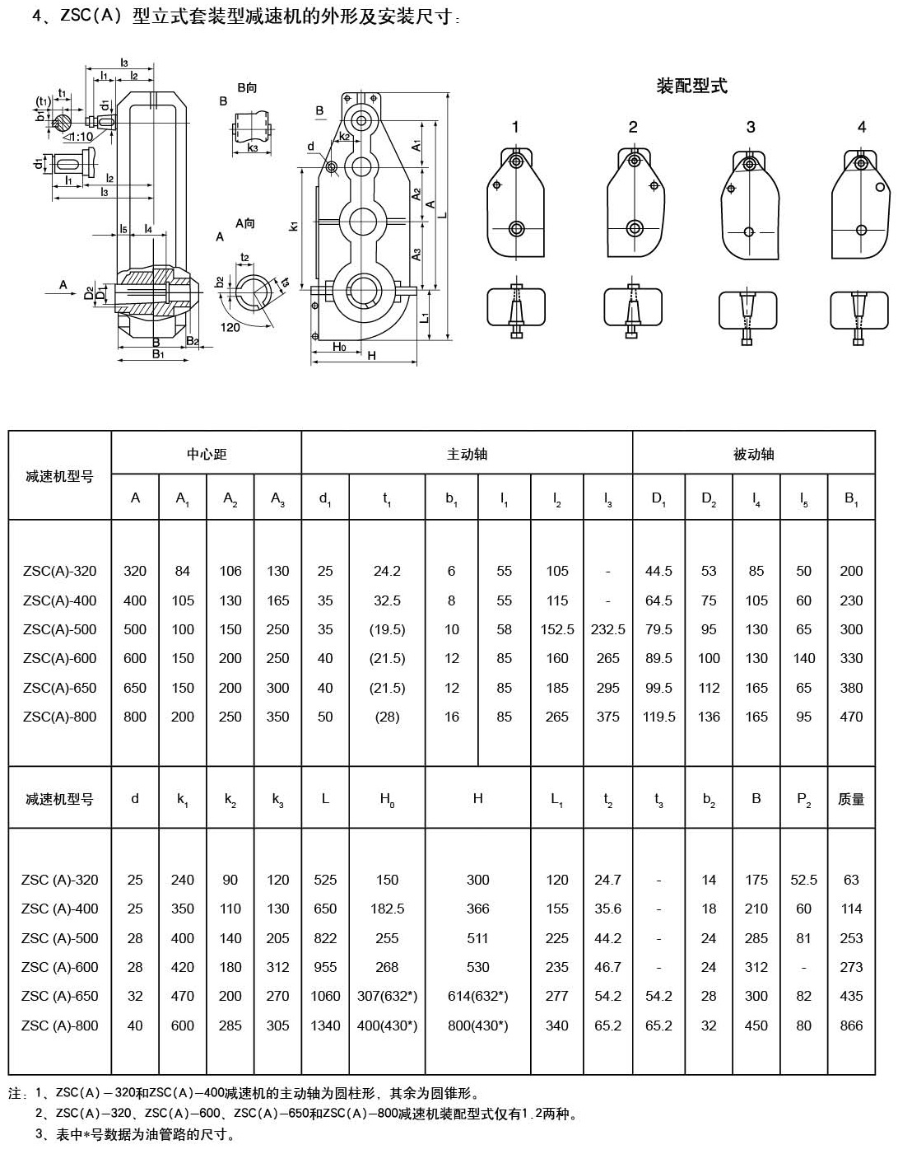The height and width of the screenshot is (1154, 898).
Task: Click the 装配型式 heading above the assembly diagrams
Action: [x=691, y=86]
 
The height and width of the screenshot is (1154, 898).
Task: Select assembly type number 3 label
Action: [x=751, y=127]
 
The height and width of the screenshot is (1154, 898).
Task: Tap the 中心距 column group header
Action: [x=206, y=454]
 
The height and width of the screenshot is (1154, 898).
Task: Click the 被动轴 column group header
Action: [x=753, y=454]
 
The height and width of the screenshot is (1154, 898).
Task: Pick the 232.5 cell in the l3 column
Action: [x=607, y=629]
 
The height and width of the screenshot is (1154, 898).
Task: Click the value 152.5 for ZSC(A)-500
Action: [x=557, y=629]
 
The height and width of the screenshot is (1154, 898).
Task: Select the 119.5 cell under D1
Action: [x=658, y=717]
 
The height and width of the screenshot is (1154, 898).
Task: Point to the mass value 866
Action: [x=851, y=1026]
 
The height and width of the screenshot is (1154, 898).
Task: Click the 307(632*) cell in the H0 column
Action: [x=387, y=996]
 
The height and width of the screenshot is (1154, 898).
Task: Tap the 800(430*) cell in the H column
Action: [x=477, y=1026]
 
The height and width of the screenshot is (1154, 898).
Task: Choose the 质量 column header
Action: [x=851, y=799]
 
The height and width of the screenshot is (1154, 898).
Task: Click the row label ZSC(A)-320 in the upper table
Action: [x=60, y=571]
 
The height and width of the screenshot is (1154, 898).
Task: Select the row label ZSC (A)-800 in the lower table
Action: [x=60, y=1026]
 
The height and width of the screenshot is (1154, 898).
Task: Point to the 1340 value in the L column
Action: [x=325, y=1026]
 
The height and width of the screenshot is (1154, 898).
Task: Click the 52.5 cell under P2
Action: [x=803, y=880]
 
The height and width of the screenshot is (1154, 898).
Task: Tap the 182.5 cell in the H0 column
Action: [x=387, y=909]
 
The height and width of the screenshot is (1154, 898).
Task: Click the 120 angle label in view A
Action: [x=230, y=327]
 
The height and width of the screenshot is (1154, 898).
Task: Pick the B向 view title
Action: [x=246, y=87]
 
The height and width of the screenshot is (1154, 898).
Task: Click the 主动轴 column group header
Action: [x=467, y=454]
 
